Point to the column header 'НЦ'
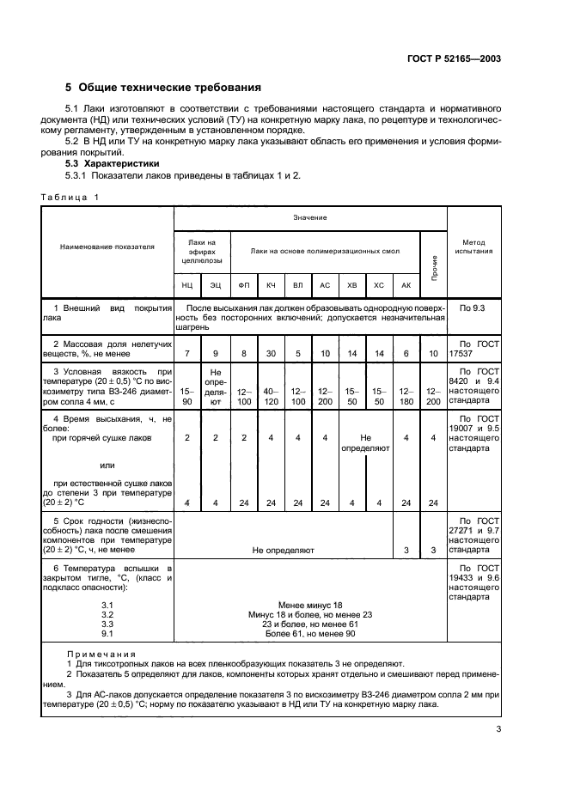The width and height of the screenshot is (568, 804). pos(186,283)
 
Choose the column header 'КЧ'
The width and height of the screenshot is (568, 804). pos(271,283)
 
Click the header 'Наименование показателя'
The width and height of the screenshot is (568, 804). pos(107,246)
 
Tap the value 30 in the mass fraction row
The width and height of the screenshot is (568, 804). pos(271,354)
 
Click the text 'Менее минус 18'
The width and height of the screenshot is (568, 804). pos(310,605)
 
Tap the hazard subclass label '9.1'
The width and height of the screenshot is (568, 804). pos(107,634)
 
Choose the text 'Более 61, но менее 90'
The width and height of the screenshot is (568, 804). pos(310,634)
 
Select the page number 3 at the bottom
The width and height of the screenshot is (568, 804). pos(498,730)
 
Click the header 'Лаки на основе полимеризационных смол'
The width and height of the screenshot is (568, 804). pos(325,251)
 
